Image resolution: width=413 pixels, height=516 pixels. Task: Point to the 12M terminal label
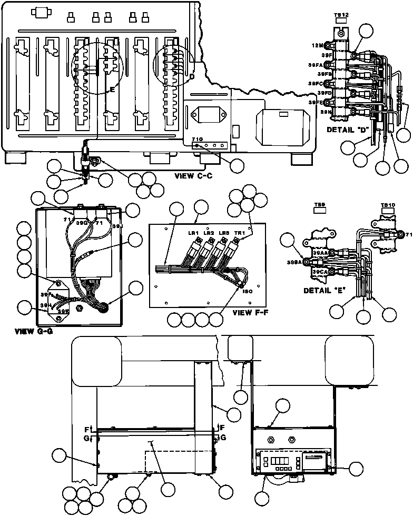point(317,45)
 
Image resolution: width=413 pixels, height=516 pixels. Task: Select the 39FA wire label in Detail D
point(316,65)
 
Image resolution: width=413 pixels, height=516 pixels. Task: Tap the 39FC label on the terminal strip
point(316,84)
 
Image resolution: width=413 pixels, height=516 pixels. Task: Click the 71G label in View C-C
point(196,139)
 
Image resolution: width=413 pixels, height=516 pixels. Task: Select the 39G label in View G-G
point(82,222)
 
